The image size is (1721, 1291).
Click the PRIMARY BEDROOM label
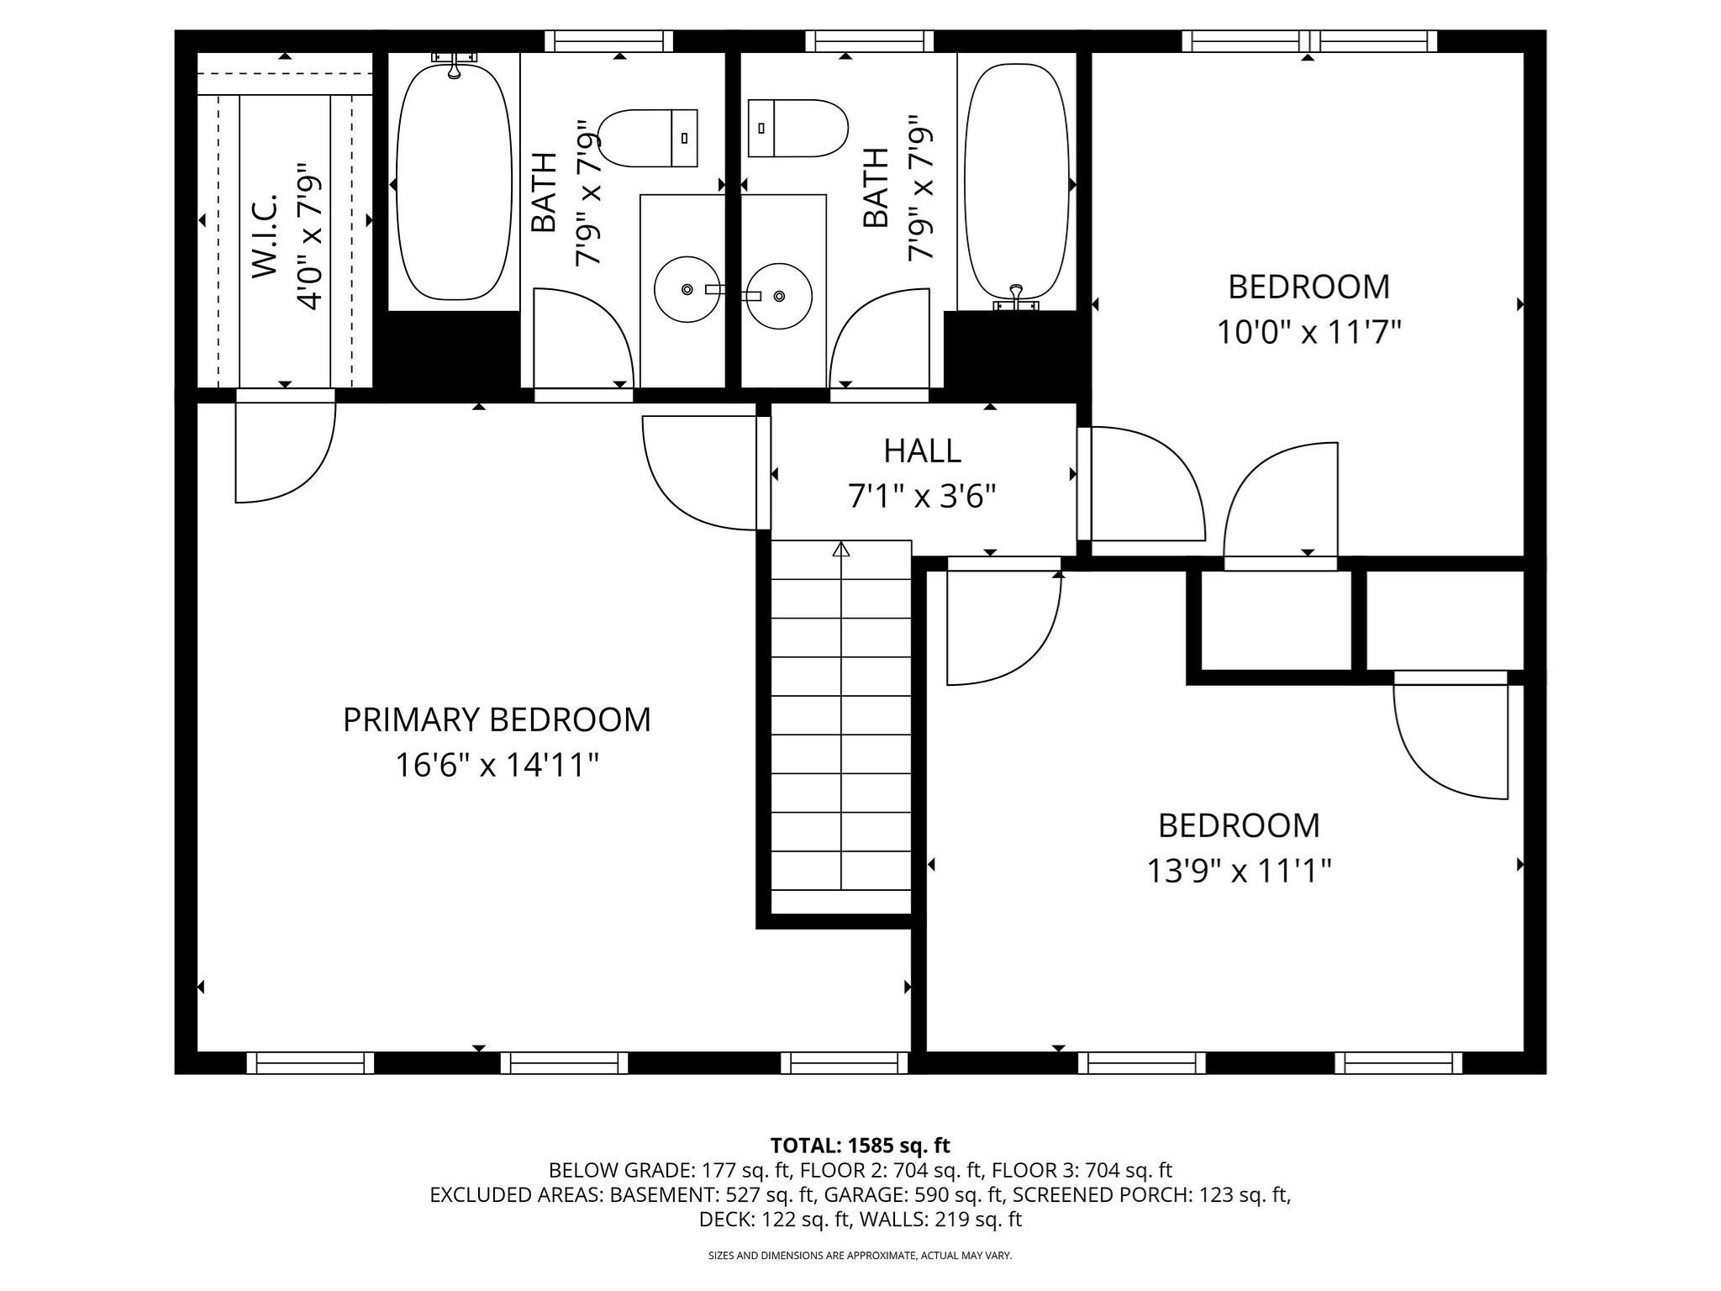(497, 720)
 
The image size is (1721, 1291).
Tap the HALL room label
(922, 451)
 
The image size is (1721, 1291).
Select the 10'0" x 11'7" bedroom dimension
(1308, 333)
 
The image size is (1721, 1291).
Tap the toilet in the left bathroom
(648, 138)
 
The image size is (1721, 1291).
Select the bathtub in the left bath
(453, 181)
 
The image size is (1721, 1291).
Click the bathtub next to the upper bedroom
(1016, 181)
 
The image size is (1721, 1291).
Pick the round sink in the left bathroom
(687, 289)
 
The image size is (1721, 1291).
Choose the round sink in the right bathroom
(780, 296)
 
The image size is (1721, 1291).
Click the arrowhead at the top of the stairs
(841, 550)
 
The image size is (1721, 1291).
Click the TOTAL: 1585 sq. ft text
(860, 1145)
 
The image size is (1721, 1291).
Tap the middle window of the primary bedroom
(564, 1063)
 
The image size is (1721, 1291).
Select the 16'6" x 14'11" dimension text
(497, 766)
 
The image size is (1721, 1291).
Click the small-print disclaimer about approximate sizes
(860, 1256)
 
